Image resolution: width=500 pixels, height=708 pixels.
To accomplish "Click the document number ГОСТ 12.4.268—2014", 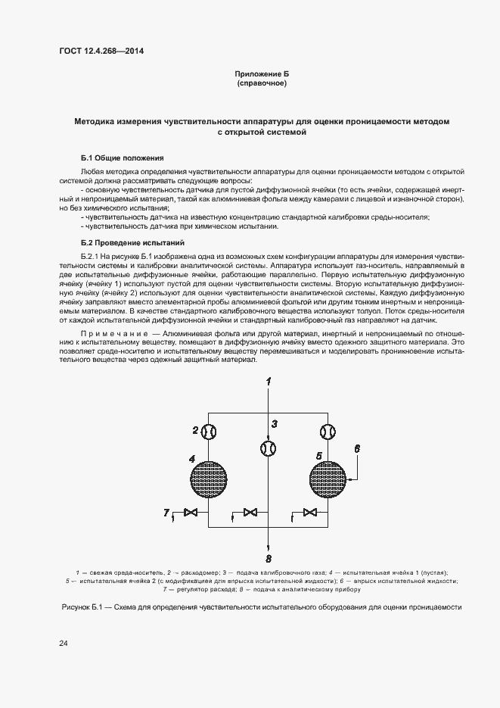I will coord(101,51).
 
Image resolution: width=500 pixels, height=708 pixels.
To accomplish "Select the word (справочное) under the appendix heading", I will coord(262,83).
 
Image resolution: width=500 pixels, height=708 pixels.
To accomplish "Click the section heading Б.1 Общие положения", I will coord(123,158).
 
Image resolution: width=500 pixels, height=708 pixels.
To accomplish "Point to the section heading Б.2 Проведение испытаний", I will coord(133,243).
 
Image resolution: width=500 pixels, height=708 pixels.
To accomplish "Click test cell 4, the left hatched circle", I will coord(210,479).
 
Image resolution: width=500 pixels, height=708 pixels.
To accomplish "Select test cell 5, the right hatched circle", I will coord(327,479).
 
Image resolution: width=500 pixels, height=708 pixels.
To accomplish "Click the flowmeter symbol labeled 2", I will coord(210,431).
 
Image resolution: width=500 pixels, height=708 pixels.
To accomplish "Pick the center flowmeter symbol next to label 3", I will coord(268,449).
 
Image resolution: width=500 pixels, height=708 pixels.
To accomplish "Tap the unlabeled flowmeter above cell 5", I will coord(327,431).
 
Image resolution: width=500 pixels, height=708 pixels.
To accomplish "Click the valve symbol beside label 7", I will coord(192,513).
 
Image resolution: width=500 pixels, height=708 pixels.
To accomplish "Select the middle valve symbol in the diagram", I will coord(250,513).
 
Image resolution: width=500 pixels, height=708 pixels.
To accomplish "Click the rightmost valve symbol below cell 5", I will coord(309,513).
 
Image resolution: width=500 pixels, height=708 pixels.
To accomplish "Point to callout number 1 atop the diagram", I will coord(267,379).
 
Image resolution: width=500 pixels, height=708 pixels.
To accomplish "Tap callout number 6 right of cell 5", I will coord(356,448).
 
